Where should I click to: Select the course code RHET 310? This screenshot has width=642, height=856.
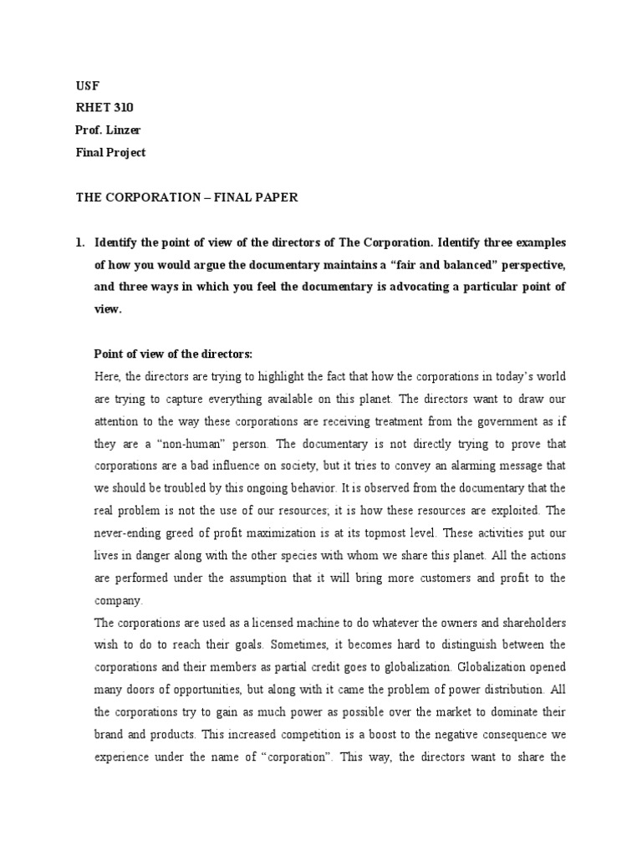click(x=104, y=108)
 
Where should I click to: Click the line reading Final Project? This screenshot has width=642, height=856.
click(x=110, y=152)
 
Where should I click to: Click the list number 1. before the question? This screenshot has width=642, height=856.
click(x=80, y=243)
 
